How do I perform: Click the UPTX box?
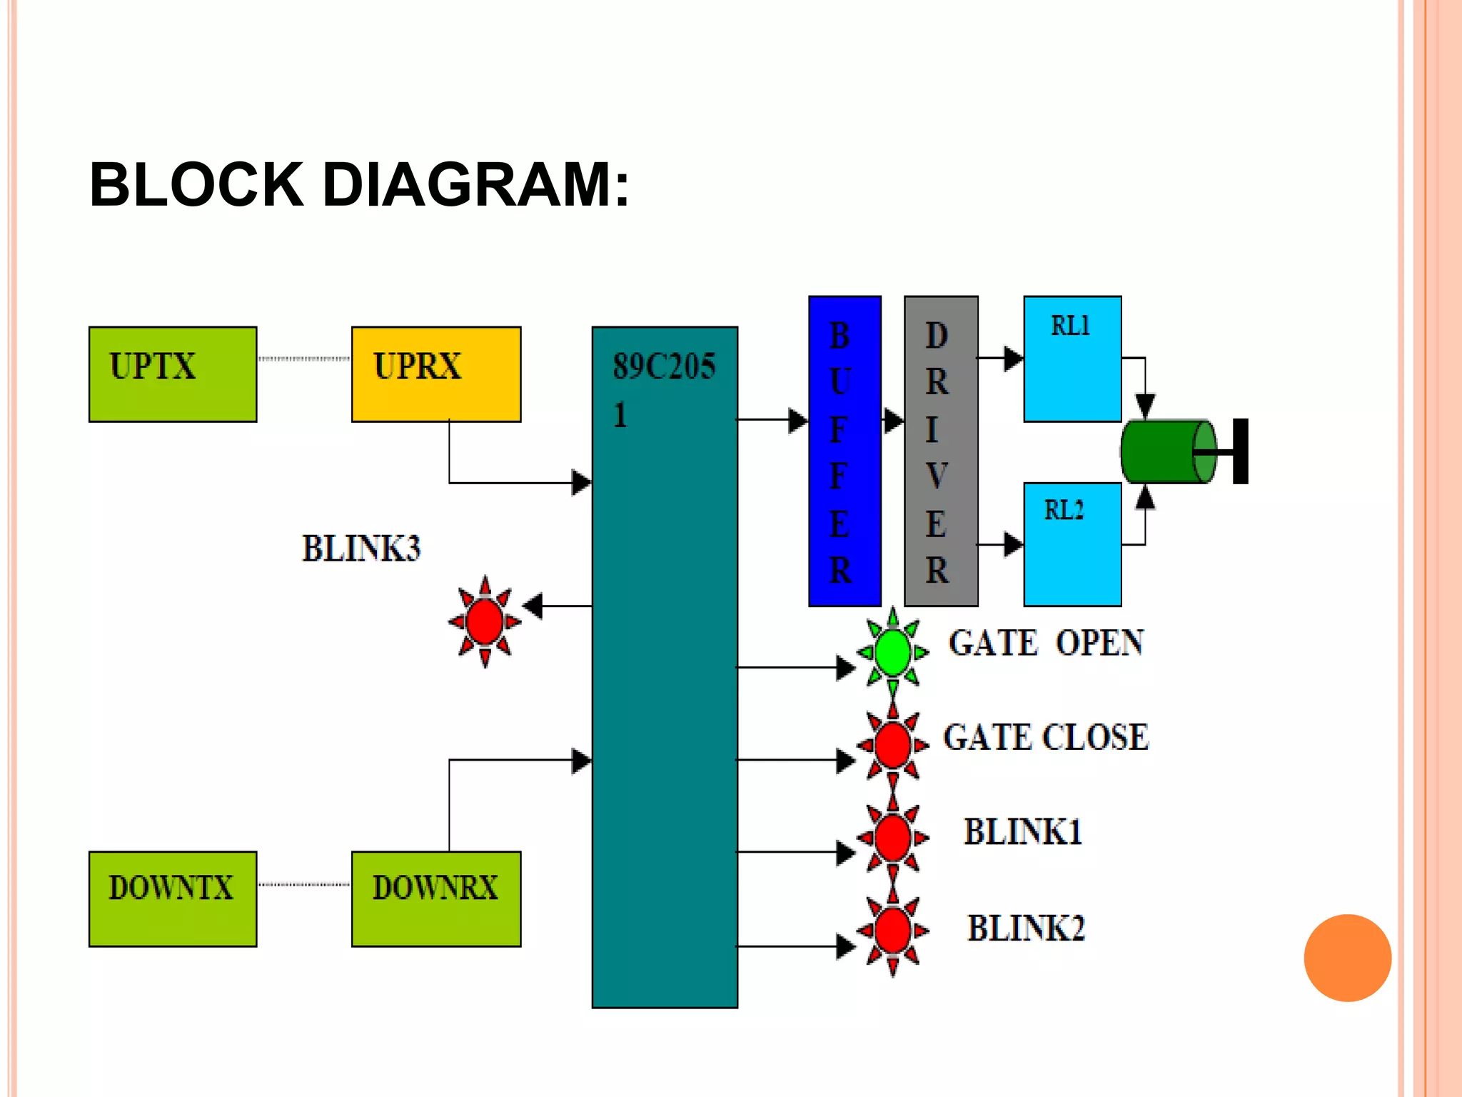[x=173, y=374]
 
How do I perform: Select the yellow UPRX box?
[x=436, y=374]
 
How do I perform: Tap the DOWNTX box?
[x=173, y=898]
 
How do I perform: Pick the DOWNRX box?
[x=436, y=898]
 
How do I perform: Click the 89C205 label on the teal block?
[x=664, y=367]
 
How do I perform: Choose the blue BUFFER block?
[x=845, y=451]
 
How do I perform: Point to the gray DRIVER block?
[x=941, y=451]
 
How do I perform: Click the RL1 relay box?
[x=1072, y=359]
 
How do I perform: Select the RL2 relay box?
[x=1072, y=544]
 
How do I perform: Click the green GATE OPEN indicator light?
[x=892, y=651]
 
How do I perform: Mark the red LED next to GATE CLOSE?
[x=892, y=745]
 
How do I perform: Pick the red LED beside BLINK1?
[x=892, y=837]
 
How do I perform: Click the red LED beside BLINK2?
[x=892, y=931]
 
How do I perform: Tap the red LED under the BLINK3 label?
[x=485, y=621]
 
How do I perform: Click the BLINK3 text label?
[x=361, y=548]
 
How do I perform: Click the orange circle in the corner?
[x=1347, y=958]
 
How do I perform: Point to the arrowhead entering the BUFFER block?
[x=797, y=420]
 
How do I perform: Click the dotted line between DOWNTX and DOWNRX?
[x=304, y=885]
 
